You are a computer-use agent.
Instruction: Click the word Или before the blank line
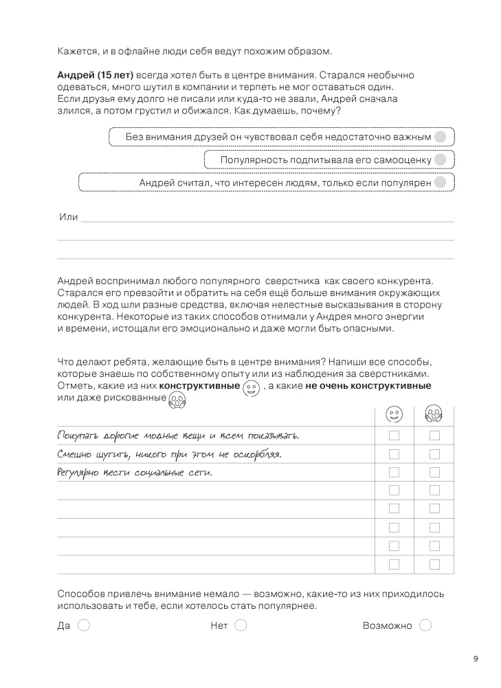pos(69,217)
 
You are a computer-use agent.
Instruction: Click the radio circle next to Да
pos(84,625)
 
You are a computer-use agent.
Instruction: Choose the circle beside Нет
pos(241,625)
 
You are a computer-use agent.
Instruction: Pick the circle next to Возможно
pos(425,625)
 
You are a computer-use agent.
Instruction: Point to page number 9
pos(476,659)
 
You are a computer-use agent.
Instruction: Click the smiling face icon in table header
pos(394,415)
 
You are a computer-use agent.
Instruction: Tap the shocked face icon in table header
pos(434,415)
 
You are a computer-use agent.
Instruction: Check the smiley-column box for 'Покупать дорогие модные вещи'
pos(394,436)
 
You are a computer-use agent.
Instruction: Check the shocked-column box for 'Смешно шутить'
pos(434,454)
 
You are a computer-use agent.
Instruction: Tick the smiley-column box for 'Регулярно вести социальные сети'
pos(394,472)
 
